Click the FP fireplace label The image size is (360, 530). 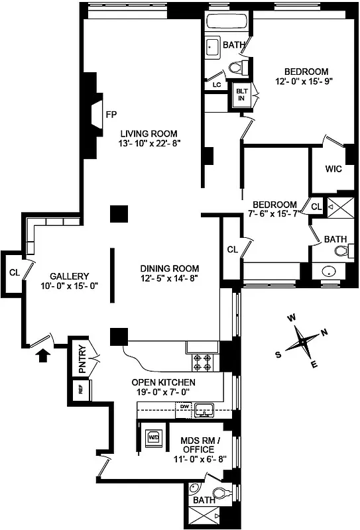point(111,114)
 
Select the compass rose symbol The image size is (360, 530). point(304,342)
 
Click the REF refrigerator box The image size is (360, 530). point(81,390)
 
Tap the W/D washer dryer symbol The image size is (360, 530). point(153,437)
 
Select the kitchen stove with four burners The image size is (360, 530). point(202,362)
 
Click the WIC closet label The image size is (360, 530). point(333,169)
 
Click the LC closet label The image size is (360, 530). point(216,85)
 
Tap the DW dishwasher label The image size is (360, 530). point(186,405)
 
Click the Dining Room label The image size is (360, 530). point(169,268)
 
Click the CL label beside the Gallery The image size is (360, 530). point(14,272)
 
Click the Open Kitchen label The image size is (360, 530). point(163,382)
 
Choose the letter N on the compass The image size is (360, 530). point(324,333)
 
